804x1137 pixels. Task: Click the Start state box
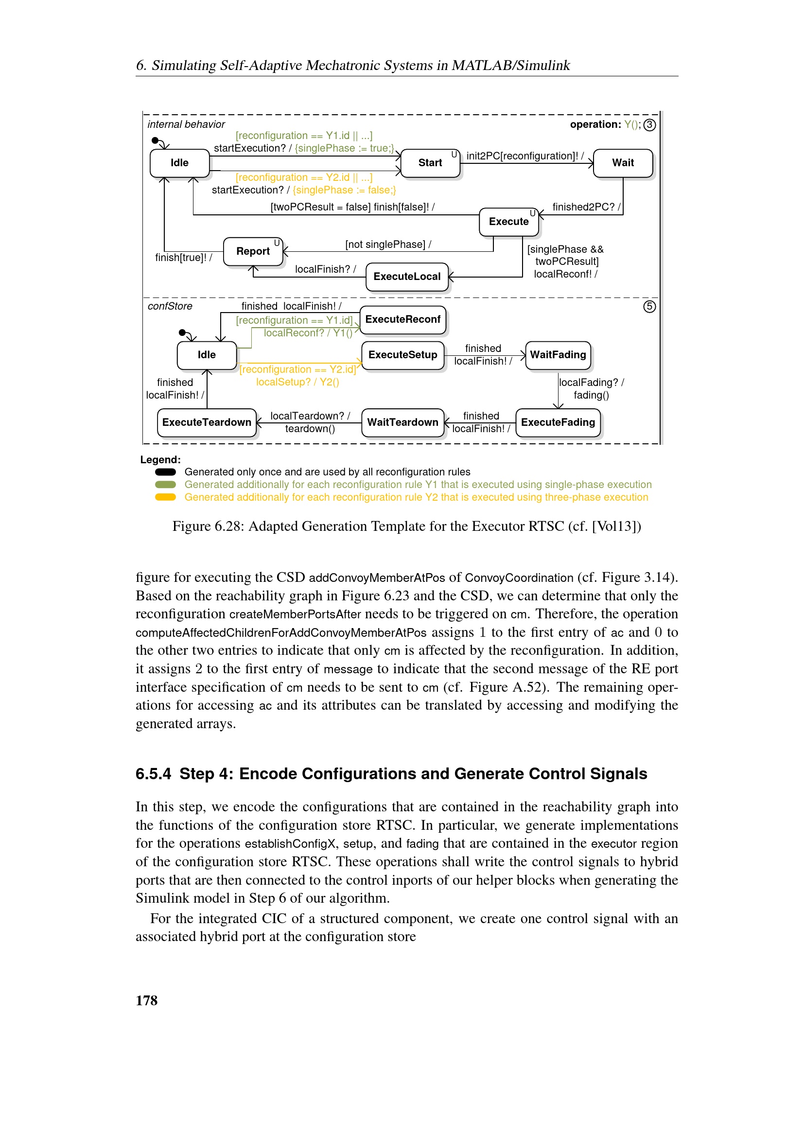click(430, 163)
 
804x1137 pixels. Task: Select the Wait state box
click(622, 163)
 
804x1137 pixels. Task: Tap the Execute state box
click(508, 222)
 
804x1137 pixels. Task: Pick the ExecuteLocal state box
click(406, 277)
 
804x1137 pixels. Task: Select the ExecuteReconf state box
click(402, 320)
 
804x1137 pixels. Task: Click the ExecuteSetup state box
click(402, 355)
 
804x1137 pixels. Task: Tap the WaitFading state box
click(558, 355)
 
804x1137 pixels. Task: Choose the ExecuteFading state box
click(558, 422)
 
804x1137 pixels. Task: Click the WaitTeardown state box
click(402, 422)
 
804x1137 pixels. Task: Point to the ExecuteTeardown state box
click(207, 422)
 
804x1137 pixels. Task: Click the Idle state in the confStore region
click(207, 355)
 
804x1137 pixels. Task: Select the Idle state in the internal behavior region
click(179, 163)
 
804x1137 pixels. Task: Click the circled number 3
click(649, 125)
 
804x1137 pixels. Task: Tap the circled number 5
click(649, 307)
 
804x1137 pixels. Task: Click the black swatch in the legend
click(165, 472)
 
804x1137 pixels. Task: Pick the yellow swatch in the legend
click(165, 497)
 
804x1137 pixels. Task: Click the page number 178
click(146, 1000)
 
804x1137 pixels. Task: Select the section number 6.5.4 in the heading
click(153, 774)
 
